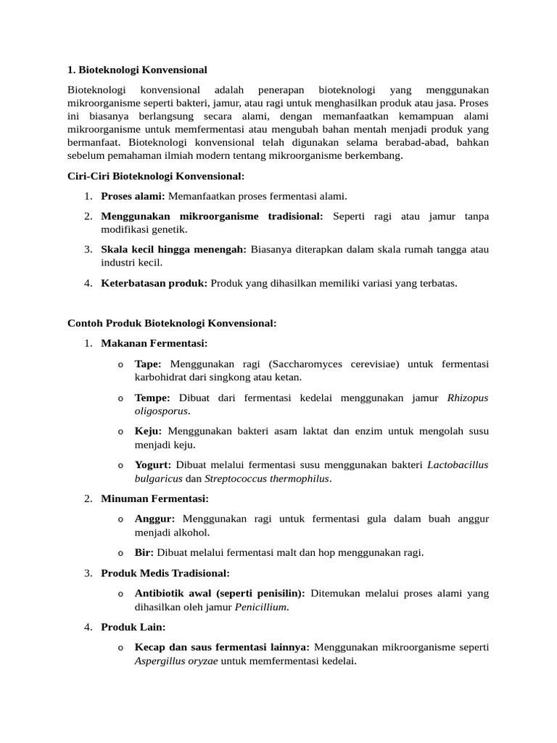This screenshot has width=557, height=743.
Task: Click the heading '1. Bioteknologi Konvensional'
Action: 137,70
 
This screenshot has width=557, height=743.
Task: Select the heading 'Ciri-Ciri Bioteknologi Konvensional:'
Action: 156,176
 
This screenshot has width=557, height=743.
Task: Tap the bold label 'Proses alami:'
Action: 133,196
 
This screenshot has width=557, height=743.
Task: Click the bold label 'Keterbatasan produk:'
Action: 154,283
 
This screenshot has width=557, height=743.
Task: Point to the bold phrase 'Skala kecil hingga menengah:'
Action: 173,250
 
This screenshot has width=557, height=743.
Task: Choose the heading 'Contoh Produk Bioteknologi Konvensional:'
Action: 172,323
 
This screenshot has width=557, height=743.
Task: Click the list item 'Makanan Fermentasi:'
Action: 154,343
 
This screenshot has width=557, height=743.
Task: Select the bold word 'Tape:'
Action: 148,364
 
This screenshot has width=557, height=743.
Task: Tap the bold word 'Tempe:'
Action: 152,398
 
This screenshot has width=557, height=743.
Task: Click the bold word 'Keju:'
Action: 148,431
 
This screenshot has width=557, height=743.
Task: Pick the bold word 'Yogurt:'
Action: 153,464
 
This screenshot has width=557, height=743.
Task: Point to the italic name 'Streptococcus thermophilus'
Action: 267,478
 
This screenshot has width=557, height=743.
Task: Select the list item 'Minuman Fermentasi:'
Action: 154,498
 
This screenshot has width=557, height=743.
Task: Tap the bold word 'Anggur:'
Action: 154,519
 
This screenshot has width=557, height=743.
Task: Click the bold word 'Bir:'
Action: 144,552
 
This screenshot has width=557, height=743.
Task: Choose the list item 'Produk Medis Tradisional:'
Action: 165,573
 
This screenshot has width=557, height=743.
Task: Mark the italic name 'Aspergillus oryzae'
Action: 176,661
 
